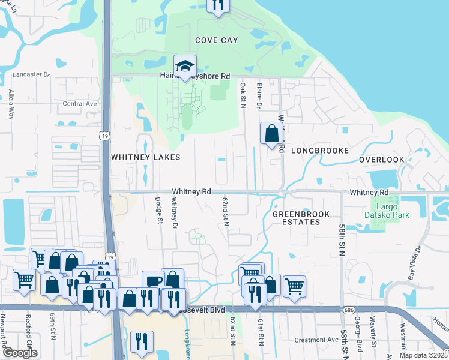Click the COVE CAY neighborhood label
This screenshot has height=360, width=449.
[216, 40]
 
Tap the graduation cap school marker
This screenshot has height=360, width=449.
[185, 67]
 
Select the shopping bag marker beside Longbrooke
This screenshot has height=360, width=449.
[271, 133]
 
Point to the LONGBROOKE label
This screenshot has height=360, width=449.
[320, 151]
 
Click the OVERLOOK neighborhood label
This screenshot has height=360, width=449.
[382, 160]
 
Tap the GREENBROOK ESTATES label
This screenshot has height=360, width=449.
[296, 218]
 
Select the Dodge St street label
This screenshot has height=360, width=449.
[160, 210]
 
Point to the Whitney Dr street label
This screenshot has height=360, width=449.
[175, 213]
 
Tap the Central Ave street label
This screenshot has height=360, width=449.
[80, 103]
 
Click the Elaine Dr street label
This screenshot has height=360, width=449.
[260, 95]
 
